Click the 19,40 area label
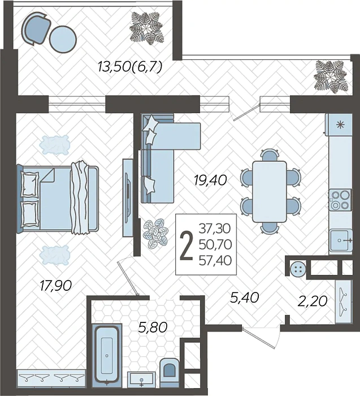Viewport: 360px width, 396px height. click(x=210, y=180)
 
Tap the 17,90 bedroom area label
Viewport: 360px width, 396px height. click(x=56, y=286)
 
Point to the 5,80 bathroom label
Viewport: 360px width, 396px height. click(x=153, y=328)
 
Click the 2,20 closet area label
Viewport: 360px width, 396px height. click(x=313, y=301)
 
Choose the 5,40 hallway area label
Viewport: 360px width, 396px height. click(x=245, y=298)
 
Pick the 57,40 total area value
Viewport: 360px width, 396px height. click(x=215, y=261)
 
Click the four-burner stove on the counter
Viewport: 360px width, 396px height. click(x=340, y=200)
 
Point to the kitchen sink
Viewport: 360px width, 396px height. click(x=341, y=240)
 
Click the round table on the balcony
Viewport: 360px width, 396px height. click(x=63, y=39)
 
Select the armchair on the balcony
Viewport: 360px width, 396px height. click(x=36, y=28)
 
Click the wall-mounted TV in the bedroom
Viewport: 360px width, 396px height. click(x=128, y=198)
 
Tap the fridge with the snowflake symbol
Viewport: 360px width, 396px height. click(x=339, y=124)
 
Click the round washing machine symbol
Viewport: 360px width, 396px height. click(x=298, y=269)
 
